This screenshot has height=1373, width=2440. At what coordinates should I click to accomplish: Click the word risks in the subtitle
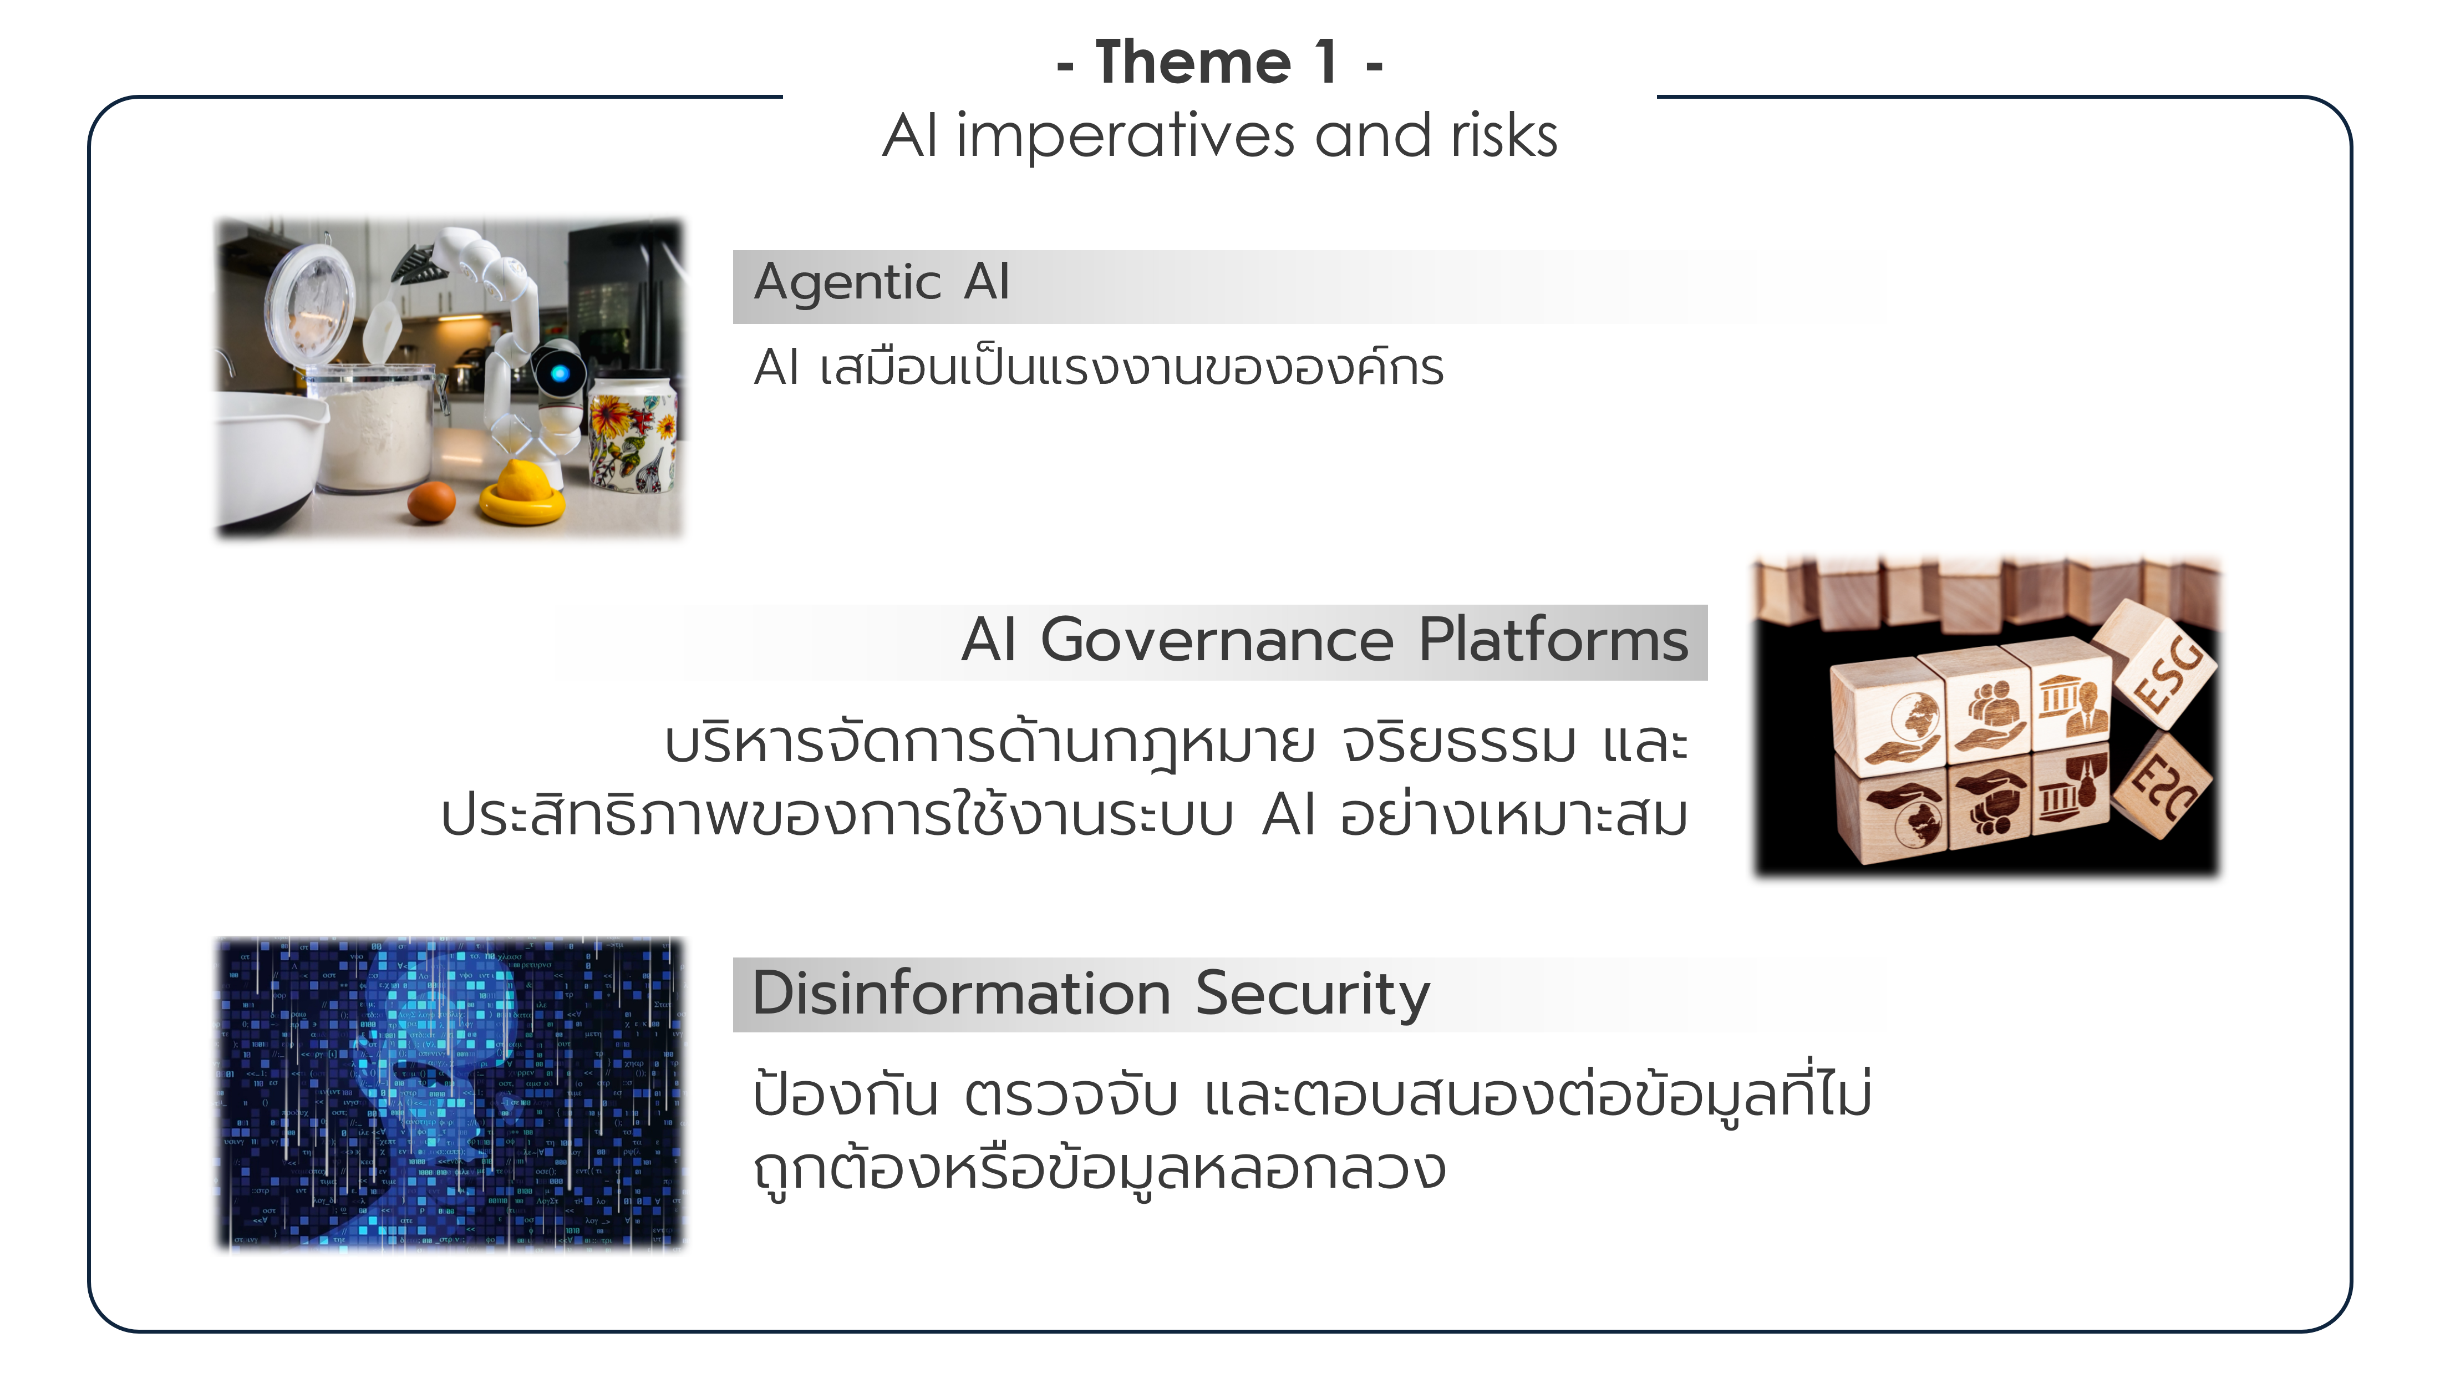point(1504,135)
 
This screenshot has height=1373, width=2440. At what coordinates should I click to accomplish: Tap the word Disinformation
point(962,994)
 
